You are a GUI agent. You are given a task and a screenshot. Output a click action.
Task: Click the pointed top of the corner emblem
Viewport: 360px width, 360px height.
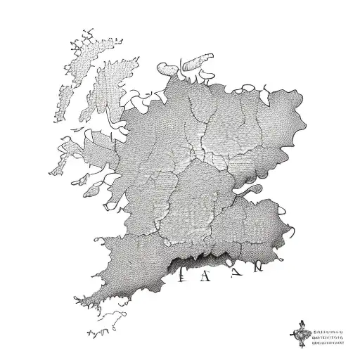pyautogui.click(x=301, y=322)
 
